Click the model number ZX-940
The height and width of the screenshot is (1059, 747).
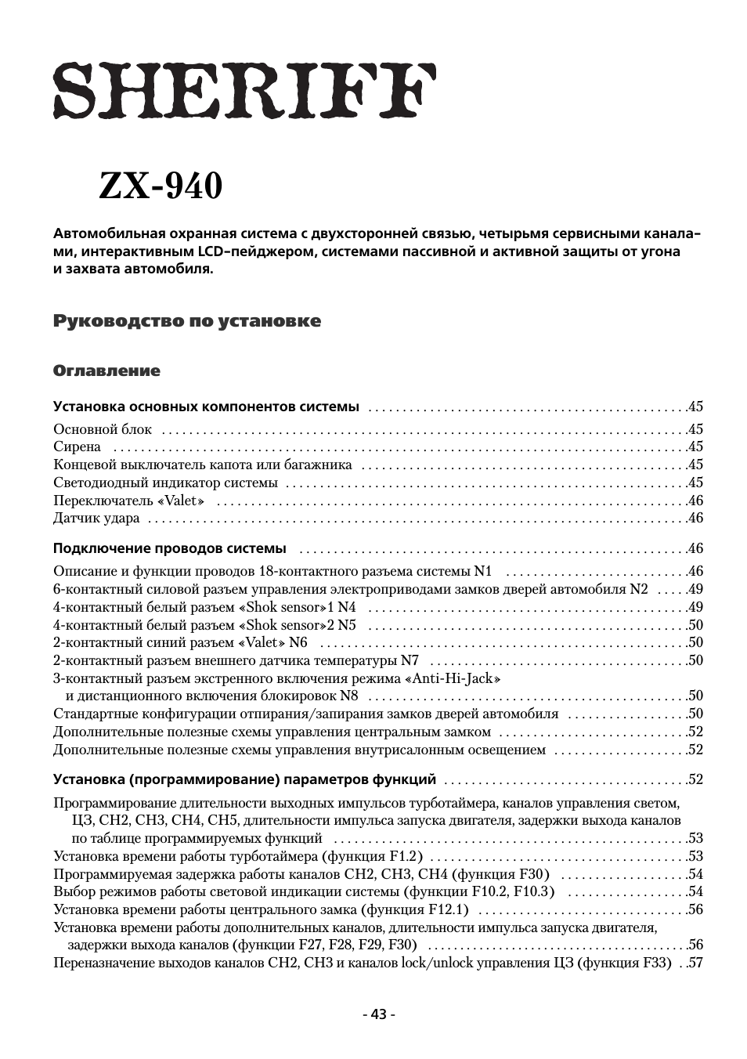(161, 186)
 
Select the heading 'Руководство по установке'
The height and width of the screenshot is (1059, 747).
(186, 321)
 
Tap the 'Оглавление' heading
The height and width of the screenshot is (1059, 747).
(106, 370)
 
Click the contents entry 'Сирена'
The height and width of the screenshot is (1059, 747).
(77, 447)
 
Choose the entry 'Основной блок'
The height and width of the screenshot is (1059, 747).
(103, 429)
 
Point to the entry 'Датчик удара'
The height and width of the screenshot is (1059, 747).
(96, 519)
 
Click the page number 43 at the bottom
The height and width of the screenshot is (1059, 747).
(379, 1014)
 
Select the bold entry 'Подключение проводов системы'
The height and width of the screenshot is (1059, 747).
(169, 548)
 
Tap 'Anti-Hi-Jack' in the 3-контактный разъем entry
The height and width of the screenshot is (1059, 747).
(453, 678)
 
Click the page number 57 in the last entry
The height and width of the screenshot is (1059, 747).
(695, 963)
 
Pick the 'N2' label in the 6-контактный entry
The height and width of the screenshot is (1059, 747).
(639, 589)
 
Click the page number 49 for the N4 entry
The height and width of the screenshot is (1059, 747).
(695, 607)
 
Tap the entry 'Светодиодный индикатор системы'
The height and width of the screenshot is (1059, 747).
(165, 483)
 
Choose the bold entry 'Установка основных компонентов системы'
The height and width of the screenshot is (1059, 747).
(206, 407)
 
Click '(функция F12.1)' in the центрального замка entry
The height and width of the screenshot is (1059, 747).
(414, 909)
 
